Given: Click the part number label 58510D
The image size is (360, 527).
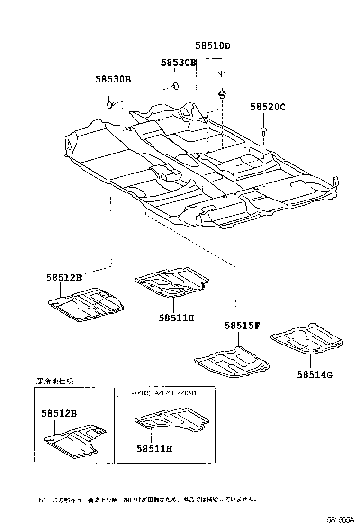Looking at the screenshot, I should tap(213, 46).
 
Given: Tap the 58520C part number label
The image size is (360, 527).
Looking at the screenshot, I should tap(268, 107).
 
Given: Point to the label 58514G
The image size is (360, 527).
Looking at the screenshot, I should tap(315, 375).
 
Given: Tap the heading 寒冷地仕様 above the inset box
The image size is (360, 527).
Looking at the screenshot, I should tap(55, 381).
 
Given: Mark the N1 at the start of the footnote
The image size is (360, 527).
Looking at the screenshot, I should tap(42, 500).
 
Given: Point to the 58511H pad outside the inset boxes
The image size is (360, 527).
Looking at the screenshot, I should tap(171, 283).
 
